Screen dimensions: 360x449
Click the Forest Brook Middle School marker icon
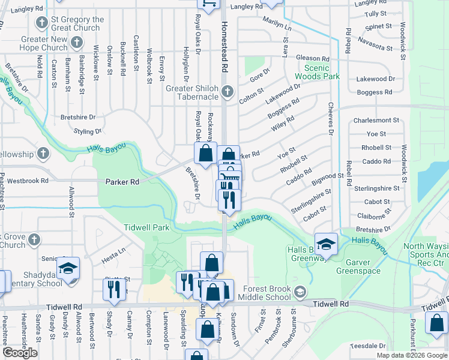(x=300, y=292)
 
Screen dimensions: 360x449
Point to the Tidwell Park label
(x=147, y=227)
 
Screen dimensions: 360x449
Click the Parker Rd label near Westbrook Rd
(x=122, y=181)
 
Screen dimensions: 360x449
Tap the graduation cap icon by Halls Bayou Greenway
(x=325, y=244)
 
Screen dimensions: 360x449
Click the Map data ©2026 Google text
(x=412, y=355)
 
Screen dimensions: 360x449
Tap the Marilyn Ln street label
(x=277, y=24)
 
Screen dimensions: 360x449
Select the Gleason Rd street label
(x=313, y=59)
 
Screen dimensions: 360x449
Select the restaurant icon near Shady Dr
(x=114, y=289)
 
